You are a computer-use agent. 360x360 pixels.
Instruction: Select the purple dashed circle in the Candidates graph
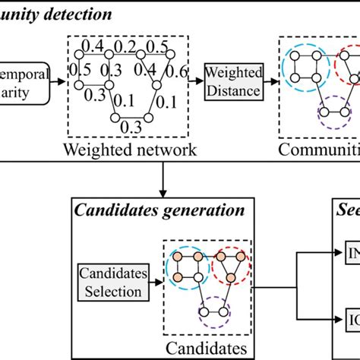click(214, 312)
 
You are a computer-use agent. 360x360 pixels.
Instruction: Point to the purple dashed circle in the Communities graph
click(335, 118)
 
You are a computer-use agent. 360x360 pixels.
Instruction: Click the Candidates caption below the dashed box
click(209, 346)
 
